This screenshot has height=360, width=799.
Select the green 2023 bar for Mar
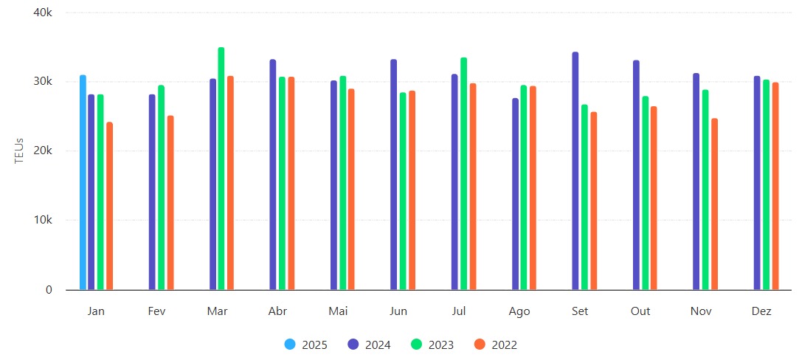(221, 169)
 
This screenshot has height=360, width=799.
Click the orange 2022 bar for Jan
(110, 206)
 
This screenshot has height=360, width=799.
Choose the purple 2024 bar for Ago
(515, 194)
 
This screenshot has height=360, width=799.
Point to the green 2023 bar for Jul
(463, 174)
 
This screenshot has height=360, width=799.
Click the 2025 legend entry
(306, 345)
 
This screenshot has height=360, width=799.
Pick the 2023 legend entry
(432, 345)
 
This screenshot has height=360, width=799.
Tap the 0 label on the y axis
(49, 290)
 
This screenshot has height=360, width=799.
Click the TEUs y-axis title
(20, 151)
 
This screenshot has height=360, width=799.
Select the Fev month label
(156, 311)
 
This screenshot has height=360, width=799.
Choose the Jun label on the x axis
(398, 311)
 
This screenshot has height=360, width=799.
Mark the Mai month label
(338, 311)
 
